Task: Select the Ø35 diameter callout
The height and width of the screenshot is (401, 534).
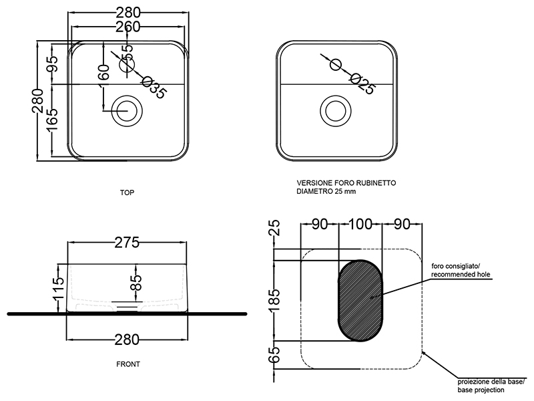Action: click(x=154, y=88)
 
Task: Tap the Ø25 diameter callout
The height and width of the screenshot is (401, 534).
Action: click(x=360, y=83)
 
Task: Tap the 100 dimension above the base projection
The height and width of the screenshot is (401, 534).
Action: click(x=360, y=224)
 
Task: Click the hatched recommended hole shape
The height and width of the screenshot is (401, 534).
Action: click(x=361, y=297)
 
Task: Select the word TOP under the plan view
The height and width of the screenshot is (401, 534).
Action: click(x=127, y=192)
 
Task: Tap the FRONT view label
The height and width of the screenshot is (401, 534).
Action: click(x=127, y=365)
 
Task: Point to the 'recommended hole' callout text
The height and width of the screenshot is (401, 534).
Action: click(x=461, y=274)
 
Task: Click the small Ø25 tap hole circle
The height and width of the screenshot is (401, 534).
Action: click(x=336, y=64)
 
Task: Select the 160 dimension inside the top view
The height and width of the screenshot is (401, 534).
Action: click(x=102, y=72)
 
